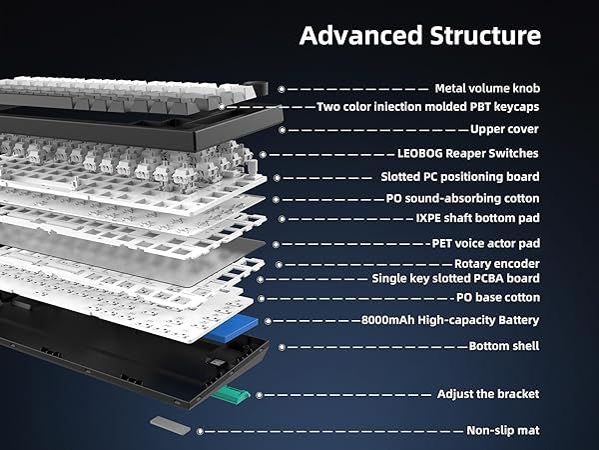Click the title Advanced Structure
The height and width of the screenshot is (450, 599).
(420, 36)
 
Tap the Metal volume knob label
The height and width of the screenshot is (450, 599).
(487, 88)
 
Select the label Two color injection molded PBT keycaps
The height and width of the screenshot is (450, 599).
(428, 106)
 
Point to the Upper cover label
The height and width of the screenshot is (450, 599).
(504, 129)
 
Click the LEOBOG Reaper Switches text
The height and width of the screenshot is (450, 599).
(468, 153)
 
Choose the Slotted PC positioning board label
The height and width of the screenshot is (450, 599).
(460, 177)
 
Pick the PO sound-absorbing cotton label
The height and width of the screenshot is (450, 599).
(462, 199)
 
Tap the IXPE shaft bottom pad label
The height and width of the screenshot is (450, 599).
(477, 218)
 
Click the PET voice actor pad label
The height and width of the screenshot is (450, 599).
(486, 243)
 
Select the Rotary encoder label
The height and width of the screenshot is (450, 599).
(496, 264)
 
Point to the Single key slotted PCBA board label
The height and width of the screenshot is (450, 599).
(456, 278)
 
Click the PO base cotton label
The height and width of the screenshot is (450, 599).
(498, 297)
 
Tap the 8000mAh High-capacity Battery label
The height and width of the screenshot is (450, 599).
(450, 320)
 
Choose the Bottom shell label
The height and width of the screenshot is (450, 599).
(504, 346)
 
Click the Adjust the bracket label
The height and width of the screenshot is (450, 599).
(488, 394)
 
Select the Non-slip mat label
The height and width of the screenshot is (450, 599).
(503, 430)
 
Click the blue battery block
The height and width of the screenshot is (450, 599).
(232, 329)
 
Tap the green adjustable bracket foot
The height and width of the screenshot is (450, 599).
(231, 395)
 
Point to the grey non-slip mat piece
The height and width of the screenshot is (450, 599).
(170, 425)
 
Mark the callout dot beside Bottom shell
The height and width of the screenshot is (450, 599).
(282, 347)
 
